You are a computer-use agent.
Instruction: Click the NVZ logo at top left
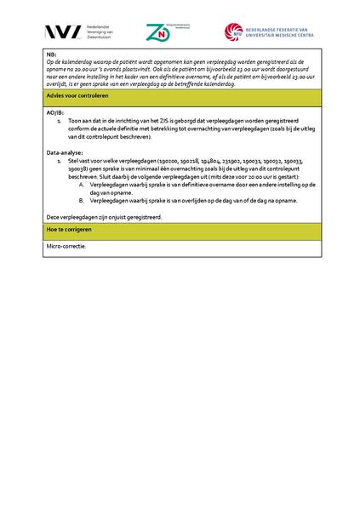click(65, 32)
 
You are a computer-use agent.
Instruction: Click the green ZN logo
click(157, 32)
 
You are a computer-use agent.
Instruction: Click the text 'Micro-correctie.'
click(67, 246)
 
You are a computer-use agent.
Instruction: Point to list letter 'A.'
click(82, 184)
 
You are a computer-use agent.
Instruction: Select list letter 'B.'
click(82, 200)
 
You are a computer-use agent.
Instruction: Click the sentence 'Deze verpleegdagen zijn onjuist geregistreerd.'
click(104, 216)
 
